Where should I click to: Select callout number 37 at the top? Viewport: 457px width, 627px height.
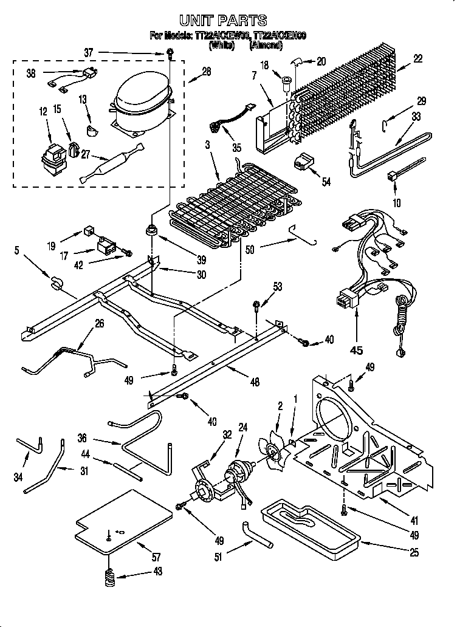(x=89, y=53)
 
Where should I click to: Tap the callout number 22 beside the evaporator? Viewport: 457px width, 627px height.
(x=417, y=58)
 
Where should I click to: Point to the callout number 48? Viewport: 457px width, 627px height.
(x=255, y=383)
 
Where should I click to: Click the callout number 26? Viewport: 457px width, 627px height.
(x=99, y=323)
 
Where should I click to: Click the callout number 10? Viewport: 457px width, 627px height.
(x=396, y=203)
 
